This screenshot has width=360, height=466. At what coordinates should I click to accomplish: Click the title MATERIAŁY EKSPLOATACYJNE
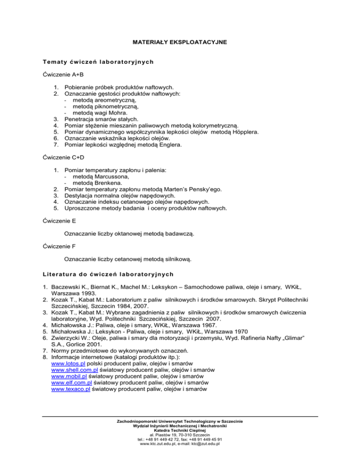180,42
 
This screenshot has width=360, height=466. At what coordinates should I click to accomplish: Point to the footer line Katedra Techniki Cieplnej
180,443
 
